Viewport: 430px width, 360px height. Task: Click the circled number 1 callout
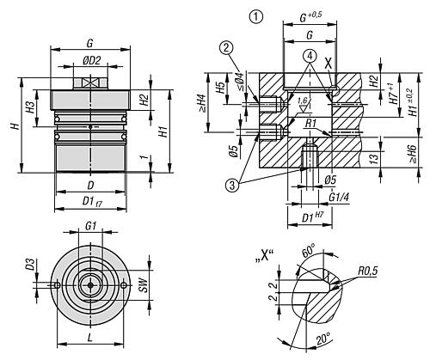click(x=256, y=16)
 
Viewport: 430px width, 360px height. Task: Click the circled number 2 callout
click(x=226, y=48)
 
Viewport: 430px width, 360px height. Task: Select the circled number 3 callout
click(x=232, y=186)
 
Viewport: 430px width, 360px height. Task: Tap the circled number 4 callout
click(x=310, y=56)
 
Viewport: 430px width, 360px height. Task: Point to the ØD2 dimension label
click(x=92, y=60)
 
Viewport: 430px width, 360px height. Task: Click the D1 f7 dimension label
click(x=92, y=202)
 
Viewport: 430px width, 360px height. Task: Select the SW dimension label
click(x=144, y=284)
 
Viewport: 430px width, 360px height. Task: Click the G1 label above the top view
click(x=90, y=226)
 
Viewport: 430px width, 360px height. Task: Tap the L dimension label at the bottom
click(x=90, y=339)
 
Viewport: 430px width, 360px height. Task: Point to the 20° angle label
click(x=323, y=339)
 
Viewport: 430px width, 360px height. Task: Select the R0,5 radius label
click(x=368, y=271)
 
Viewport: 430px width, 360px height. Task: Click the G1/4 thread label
click(x=339, y=197)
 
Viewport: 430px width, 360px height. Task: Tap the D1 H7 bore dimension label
click(x=312, y=217)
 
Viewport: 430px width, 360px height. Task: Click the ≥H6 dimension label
click(x=413, y=154)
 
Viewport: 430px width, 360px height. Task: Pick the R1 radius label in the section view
click(x=310, y=124)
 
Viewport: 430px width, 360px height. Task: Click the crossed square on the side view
click(x=90, y=83)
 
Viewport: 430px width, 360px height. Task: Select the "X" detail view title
click(x=264, y=256)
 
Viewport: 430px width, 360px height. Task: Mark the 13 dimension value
click(x=374, y=156)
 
